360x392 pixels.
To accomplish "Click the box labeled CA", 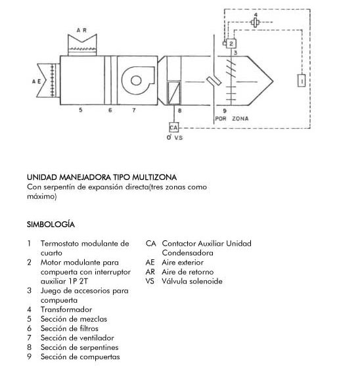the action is coord(173,127).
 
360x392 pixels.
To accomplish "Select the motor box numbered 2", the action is coord(231,43).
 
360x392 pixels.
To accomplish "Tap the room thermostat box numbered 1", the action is coord(302,81).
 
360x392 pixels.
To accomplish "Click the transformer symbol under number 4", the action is coord(255,22).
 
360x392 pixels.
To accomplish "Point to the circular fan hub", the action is coord(137,81).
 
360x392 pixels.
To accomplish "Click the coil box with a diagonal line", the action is coord(174,93).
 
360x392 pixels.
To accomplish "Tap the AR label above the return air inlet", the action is coord(81,30).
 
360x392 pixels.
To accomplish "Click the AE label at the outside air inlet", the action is coord(37,81).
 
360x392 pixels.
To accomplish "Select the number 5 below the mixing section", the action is coord(81,110).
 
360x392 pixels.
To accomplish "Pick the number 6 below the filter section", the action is coord(110,110).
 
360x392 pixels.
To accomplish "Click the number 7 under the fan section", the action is coord(134,110).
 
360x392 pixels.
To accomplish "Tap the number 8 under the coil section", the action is coord(179,110).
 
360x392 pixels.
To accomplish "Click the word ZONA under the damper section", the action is coord(240,118).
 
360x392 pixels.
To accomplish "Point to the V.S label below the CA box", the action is coord(179,138).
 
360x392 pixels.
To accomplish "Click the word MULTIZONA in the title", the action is coord(154,177).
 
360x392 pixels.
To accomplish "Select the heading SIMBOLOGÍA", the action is coord(51,225).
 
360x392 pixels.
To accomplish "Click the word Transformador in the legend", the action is coord(66,309).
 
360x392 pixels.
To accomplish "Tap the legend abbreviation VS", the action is coord(150,281).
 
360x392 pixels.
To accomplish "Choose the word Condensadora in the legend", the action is coord(188,253).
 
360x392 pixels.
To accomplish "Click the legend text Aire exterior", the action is coord(183,262).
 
